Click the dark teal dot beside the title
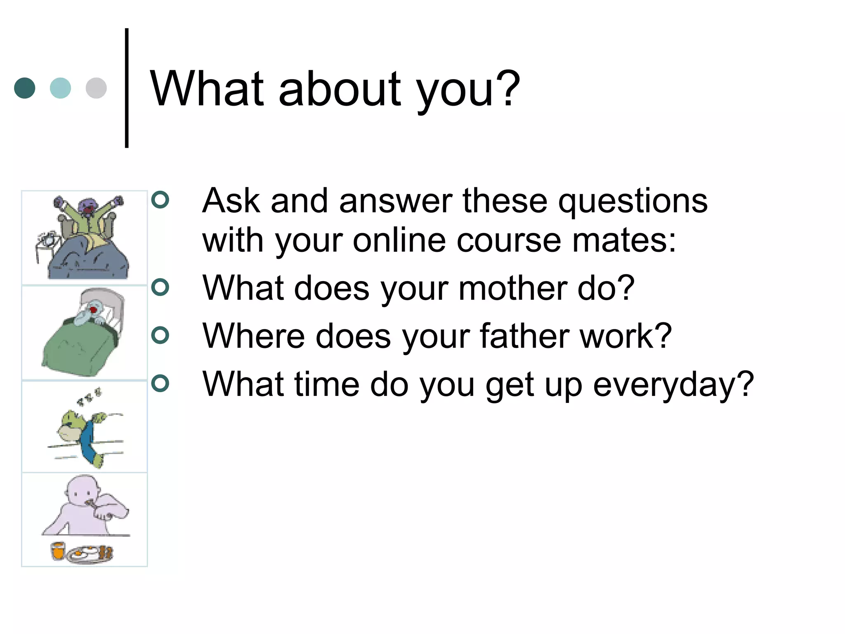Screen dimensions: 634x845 click(25, 88)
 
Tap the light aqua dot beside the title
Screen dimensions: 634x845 click(60, 88)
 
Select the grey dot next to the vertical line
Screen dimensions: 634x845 click(96, 88)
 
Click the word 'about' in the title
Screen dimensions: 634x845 click(339, 88)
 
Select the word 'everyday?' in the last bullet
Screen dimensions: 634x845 click(673, 385)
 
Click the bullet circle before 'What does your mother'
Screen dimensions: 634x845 click(160, 287)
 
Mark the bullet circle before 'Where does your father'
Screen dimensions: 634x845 click(160, 335)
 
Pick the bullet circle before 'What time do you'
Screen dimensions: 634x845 click(160, 383)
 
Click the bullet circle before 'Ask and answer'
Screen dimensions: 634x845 click(160, 200)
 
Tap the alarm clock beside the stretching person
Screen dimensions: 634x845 click(47, 239)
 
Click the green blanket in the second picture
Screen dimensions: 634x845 click(78, 351)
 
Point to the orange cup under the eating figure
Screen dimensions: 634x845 click(58, 551)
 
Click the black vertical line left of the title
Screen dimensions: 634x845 click(127, 88)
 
